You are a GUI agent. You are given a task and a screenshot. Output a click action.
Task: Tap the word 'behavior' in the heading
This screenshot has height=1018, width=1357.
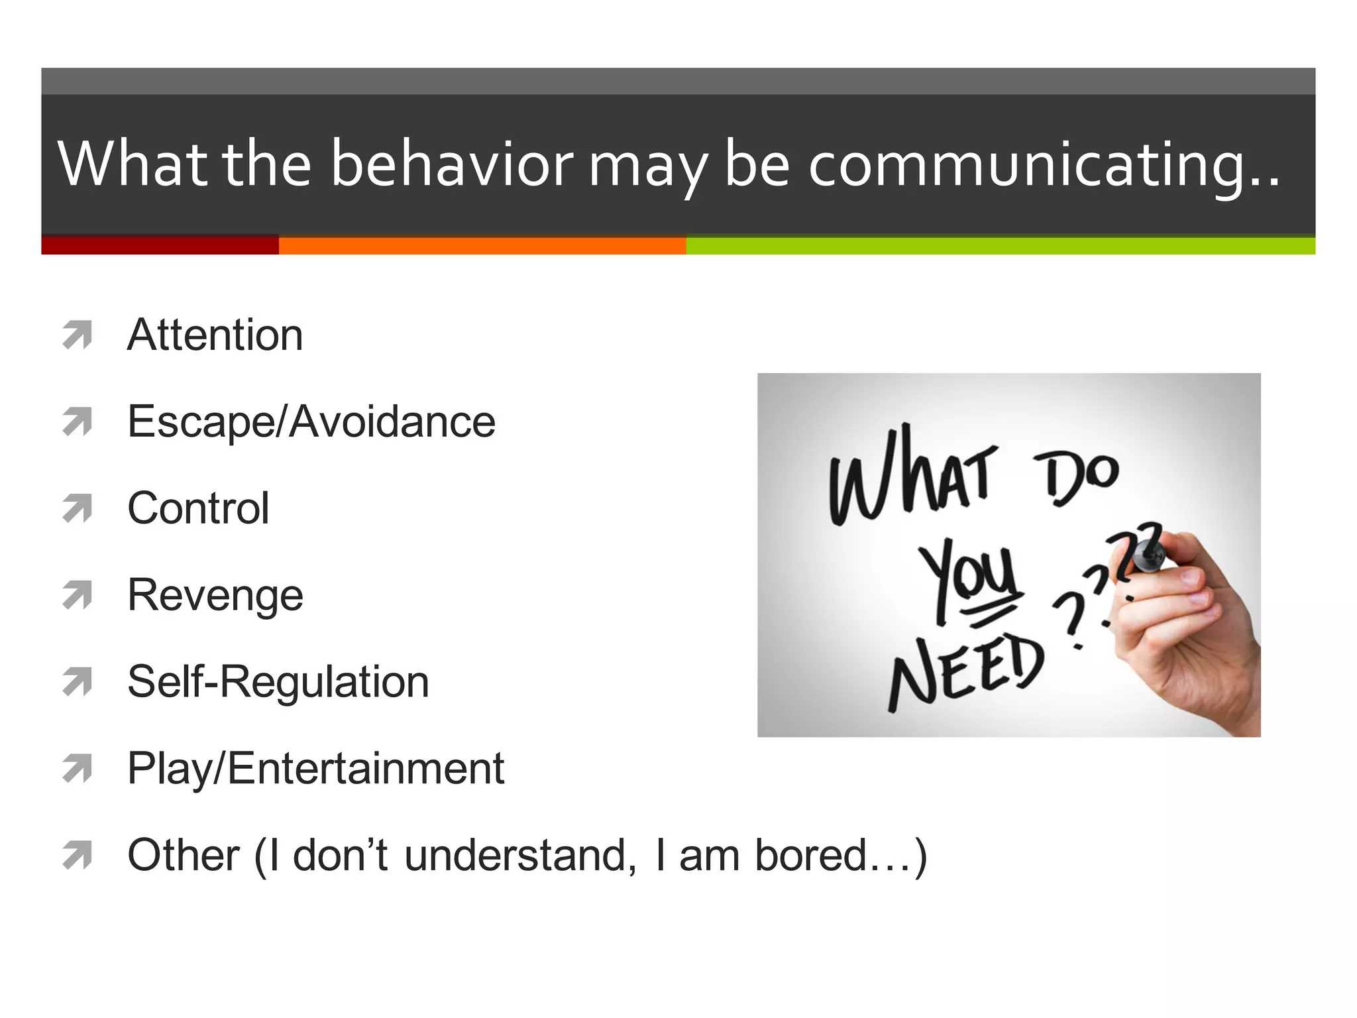coord(452,164)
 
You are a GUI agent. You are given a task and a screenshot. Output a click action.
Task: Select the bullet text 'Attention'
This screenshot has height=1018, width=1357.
coord(215,335)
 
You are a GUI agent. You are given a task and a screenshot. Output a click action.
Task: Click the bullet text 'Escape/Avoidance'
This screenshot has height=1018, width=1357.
coord(311,422)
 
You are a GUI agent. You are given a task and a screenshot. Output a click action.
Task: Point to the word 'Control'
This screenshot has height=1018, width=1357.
coord(198,508)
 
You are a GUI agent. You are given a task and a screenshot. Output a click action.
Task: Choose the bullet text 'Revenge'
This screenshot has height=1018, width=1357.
coord(215,595)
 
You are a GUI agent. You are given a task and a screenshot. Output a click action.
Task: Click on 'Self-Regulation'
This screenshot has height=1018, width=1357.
coord(278,682)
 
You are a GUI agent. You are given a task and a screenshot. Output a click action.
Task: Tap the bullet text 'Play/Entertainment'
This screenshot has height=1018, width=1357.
coord(315,769)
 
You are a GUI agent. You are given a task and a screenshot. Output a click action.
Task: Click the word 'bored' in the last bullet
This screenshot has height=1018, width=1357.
coord(811,855)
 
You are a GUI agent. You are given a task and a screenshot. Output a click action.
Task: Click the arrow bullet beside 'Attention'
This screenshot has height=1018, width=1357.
coord(77,335)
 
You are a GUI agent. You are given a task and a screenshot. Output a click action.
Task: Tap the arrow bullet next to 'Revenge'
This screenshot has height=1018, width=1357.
coord(77,595)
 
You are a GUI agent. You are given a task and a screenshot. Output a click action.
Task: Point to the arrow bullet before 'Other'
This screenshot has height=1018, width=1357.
coord(77,855)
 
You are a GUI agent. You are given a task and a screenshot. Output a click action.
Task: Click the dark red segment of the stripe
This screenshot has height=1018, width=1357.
coord(160,246)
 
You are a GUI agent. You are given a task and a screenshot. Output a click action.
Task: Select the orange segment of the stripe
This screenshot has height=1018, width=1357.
coord(482,246)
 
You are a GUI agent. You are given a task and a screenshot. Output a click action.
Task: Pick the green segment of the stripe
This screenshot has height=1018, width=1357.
coord(1000,246)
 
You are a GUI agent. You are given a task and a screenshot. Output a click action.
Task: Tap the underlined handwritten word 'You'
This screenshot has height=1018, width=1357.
coord(969,577)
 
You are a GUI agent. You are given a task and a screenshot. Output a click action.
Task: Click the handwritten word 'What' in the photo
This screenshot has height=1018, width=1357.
coord(911,477)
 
